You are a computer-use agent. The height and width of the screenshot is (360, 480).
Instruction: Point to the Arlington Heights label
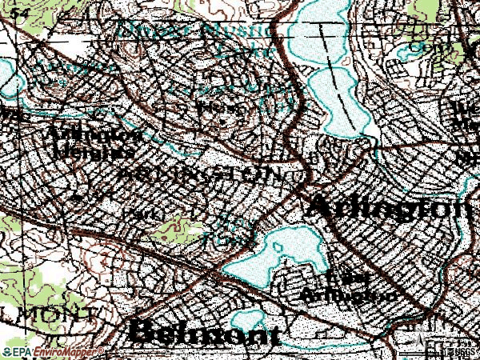point(90,142)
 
